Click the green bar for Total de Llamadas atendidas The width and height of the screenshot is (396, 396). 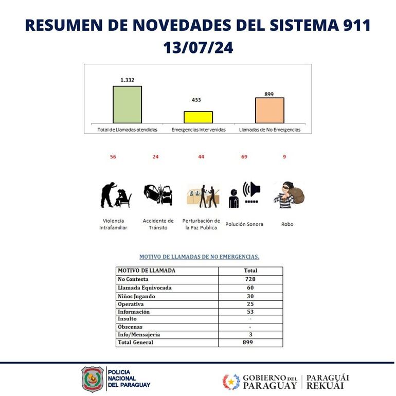(127, 104)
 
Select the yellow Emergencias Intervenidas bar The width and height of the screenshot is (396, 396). (198, 117)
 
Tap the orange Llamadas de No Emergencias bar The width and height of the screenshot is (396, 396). (269, 110)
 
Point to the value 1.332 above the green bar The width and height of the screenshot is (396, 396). (127, 80)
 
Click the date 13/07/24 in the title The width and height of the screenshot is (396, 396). (198, 48)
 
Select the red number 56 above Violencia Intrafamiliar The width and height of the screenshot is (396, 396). (113, 157)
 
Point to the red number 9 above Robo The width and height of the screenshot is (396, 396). (284, 157)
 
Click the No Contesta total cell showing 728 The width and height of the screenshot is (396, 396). (250, 279)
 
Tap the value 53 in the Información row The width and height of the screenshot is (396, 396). (250, 312)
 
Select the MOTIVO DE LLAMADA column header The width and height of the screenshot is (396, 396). (147, 271)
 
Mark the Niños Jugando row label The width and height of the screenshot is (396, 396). (136, 296)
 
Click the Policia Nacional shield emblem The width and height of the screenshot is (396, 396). (93, 379)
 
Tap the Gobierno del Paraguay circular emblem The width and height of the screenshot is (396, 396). (231, 382)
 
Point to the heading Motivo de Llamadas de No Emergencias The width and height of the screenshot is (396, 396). (199, 256)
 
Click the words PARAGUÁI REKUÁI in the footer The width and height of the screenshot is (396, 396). (328, 381)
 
